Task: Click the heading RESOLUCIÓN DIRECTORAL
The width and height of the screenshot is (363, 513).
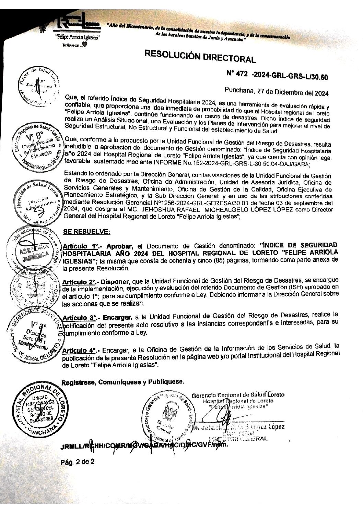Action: point(200,56)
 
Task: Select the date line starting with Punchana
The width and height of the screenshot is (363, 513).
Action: point(277,92)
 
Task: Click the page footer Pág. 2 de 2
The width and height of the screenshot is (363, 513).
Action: point(77,462)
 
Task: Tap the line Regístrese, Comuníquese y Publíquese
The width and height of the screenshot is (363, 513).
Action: point(123,381)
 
